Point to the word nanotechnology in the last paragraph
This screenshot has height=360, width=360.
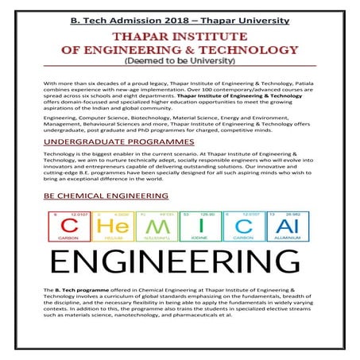[151, 333]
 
